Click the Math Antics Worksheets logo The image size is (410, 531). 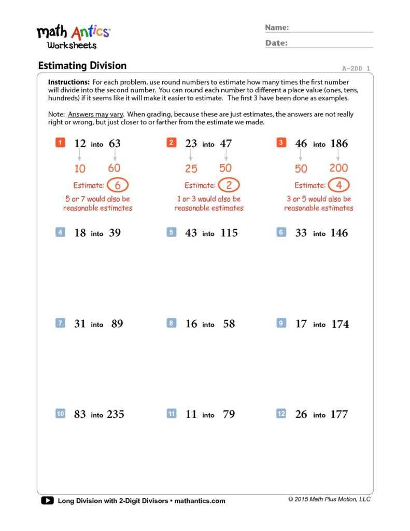(73, 37)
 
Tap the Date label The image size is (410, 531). (276, 43)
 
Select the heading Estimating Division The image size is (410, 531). (82, 66)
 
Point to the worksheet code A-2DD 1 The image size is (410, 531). (356, 68)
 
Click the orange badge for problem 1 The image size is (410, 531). (60, 143)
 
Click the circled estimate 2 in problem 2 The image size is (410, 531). (229, 185)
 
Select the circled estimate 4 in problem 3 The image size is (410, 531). (338, 185)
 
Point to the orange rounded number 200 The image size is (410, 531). (338, 168)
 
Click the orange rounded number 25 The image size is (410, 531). (191, 169)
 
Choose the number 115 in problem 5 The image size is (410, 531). (229, 233)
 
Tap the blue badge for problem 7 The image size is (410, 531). (60, 323)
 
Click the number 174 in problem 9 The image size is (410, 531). (340, 324)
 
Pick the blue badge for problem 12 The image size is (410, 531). (281, 414)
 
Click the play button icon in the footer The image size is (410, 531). (47, 500)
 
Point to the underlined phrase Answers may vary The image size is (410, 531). (95, 114)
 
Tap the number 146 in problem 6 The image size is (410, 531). (339, 233)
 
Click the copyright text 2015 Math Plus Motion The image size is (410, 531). (330, 499)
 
